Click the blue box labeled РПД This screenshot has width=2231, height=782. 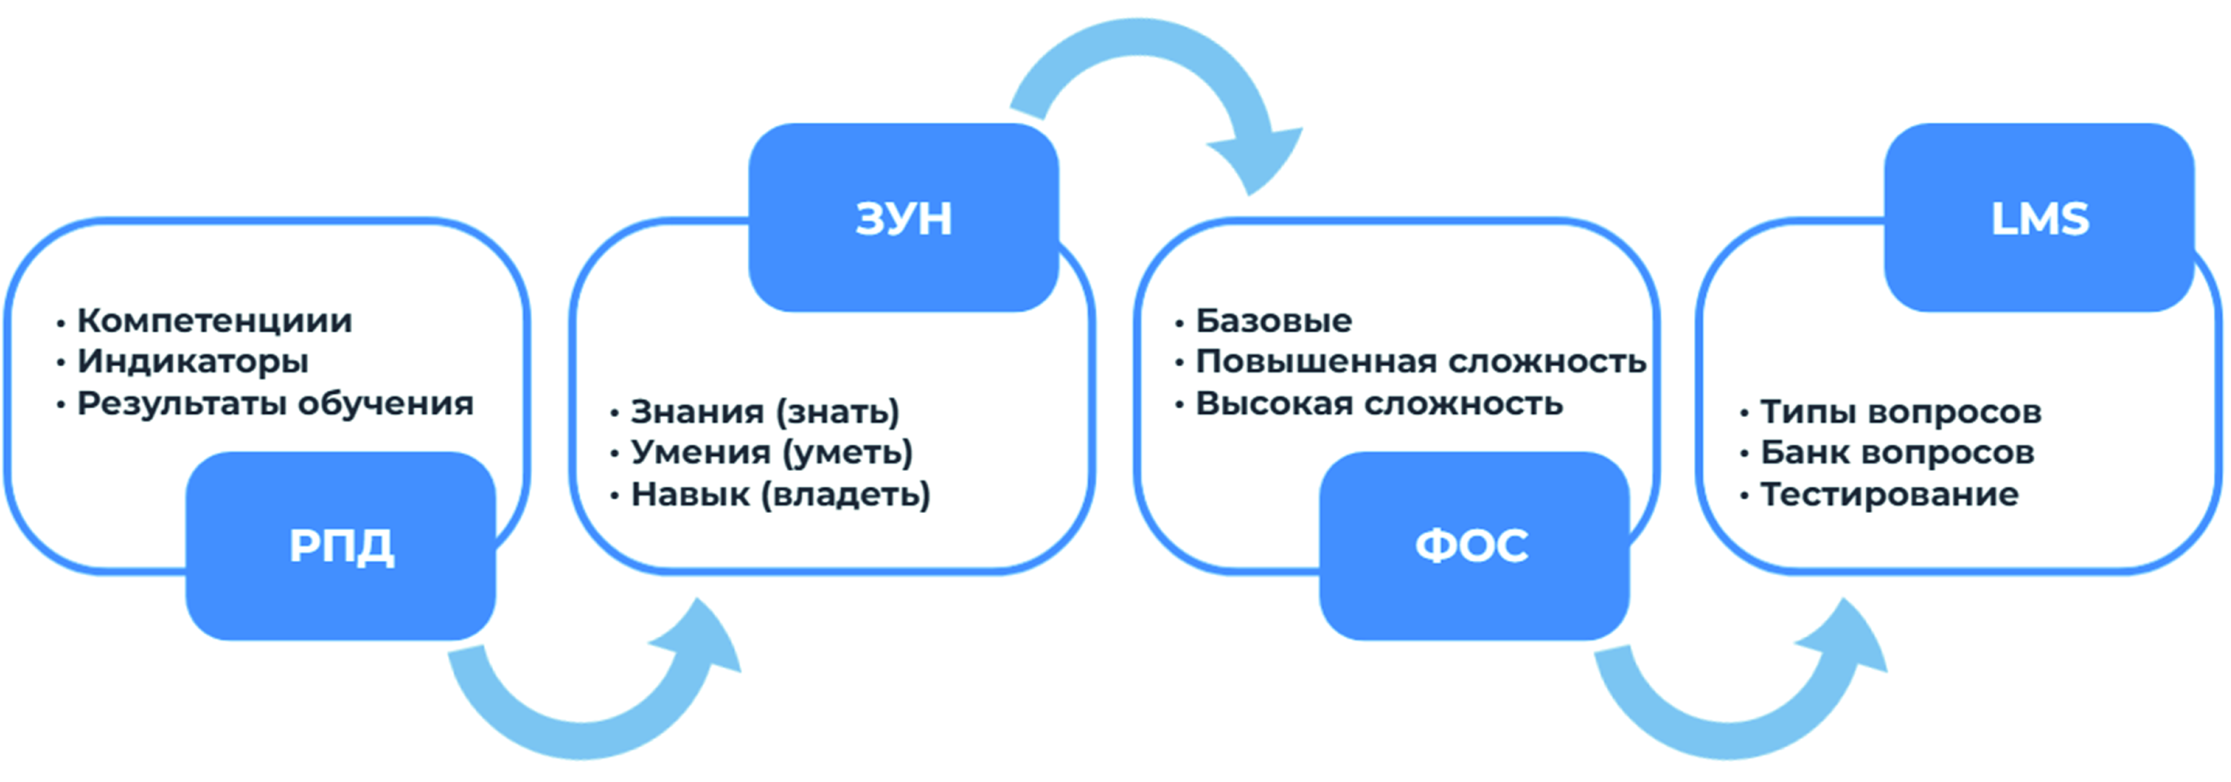pos(340,546)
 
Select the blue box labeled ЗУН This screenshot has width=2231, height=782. pos(903,217)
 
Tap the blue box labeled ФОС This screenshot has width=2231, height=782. pos(1473,546)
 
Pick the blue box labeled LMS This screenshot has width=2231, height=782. pos(2039,217)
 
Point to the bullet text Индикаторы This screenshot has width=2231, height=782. pos(192,361)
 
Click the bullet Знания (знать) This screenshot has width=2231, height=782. pos(765,411)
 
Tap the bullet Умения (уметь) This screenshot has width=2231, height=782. pos(771,452)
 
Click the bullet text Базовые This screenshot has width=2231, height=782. pos(1273,320)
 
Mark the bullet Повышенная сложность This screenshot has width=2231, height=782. pos(1420,361)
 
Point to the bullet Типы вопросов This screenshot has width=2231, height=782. pos(1900,411)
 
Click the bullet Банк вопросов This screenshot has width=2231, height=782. pos(1897,452)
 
